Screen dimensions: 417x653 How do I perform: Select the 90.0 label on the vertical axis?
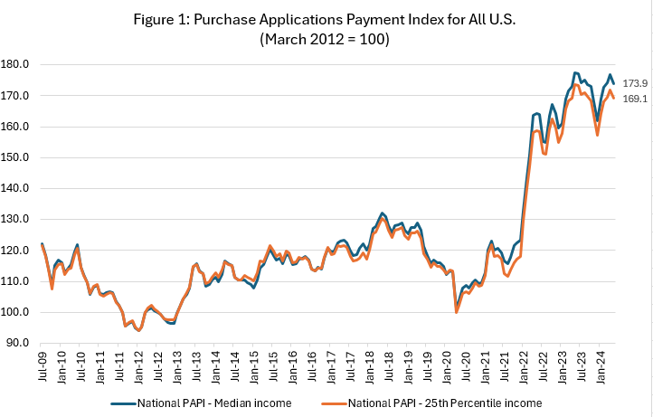(21, 343)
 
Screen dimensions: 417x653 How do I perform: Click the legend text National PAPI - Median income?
(214, 402)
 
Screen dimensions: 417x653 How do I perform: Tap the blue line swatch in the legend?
(122, 402)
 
